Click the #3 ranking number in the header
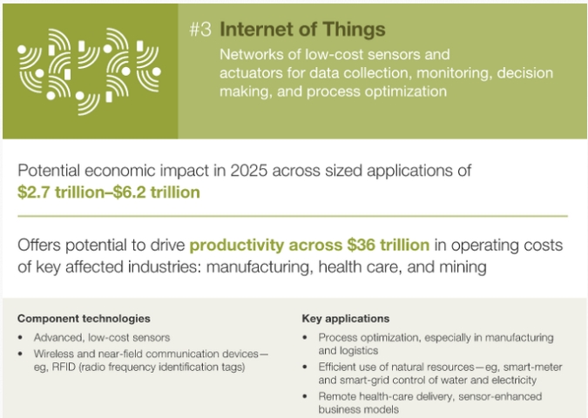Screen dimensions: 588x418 click(200, 30)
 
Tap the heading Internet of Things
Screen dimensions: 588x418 click(302, 30)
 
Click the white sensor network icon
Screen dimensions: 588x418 click(89, 71)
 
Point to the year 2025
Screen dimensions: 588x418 click(248, 171)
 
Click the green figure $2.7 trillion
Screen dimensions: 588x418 click(60, 192)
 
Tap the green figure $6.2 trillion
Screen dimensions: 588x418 click(157, 192)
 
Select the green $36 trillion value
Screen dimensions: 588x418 click(389, 245)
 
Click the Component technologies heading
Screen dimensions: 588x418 click(84, 319)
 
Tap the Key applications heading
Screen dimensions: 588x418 click(346, 319)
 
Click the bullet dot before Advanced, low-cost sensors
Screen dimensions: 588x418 click(20, 337)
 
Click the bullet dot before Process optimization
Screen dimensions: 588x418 click(305, 337)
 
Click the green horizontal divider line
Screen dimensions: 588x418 click(293, 216)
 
